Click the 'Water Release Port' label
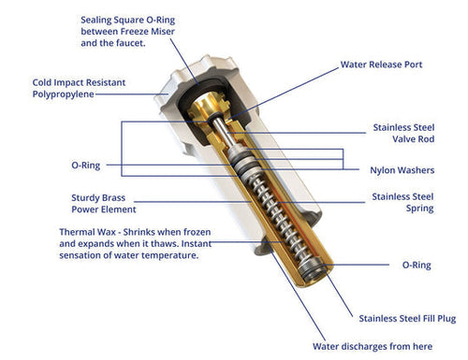(x=381, y=65)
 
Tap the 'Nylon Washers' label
(x=402, y=170)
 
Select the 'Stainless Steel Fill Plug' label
(x=407, y=318)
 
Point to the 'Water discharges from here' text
(x=373, y=346)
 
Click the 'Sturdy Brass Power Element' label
(x=104, y=204)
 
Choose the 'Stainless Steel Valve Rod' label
(x=403, y=133)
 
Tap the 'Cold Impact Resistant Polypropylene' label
(x=79, y=88)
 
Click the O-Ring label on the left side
(x=86, y=166)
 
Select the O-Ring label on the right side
(x=417, y=265)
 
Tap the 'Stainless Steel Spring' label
(x=402, y=203)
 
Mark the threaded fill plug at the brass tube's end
(x=312, y=269)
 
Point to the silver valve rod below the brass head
(x=224, y=131)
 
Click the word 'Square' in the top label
(x=129, y=21)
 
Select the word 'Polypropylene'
(x=64, y=94)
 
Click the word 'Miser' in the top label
(x=163, y=32)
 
